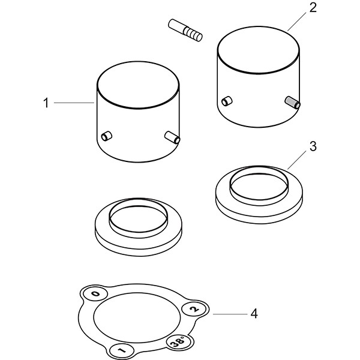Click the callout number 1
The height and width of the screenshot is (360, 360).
46,103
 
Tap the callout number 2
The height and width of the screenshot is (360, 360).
313,8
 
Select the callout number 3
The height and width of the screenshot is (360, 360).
313,146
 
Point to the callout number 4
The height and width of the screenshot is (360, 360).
254,313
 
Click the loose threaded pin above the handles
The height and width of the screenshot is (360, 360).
185,31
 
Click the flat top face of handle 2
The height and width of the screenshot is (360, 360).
258,50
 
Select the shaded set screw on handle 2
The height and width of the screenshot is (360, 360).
293,102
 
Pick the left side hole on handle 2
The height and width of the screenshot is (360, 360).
227,101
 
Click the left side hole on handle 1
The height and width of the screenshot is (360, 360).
107,136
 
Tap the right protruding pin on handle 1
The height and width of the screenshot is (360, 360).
172,137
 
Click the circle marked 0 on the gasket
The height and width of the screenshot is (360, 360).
95,294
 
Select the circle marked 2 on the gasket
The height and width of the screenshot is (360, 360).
194,309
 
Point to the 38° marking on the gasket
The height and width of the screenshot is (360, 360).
179,341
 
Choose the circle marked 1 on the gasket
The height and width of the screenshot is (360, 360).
122,350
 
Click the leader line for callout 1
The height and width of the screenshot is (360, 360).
74,103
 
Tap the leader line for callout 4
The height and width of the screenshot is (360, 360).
230,314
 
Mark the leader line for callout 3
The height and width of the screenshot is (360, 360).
296,160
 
